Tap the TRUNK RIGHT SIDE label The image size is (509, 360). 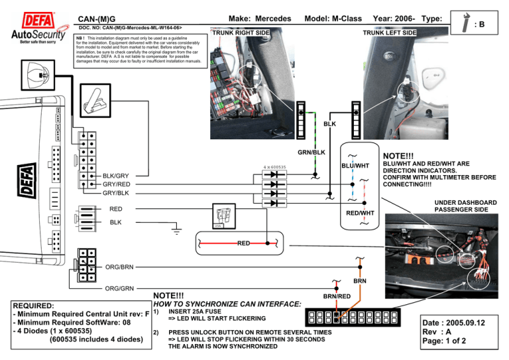pyautogui.click(x=240, y=32)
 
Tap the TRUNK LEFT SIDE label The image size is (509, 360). pyautogui.click(x=390, y=32)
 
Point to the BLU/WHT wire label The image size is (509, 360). pyautogui.click(x=355, y=165)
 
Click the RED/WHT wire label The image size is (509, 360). pyautogui.click(x=361, y=213)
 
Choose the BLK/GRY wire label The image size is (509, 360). pyautogui.click(x=116, y=176)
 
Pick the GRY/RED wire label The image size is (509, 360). pyautogui.click(x=116, y=184)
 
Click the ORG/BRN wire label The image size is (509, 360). pyautogui.click(x=120, y=267)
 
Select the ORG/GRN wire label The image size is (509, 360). pyautogui.click(x=120, y=288)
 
